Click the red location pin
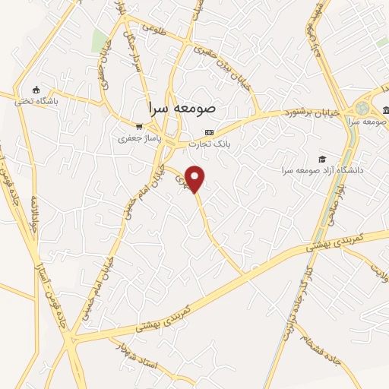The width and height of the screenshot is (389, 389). [x=196, y=179]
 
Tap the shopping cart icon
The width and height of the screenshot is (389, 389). [x=138, y=127]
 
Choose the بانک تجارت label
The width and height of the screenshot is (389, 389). [x=212, y=143]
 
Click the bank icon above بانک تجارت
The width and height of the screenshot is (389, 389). [x=210, y=131]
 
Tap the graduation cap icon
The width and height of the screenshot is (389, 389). [x=323, y=159]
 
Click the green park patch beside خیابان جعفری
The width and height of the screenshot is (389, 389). [x=100, y=41]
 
